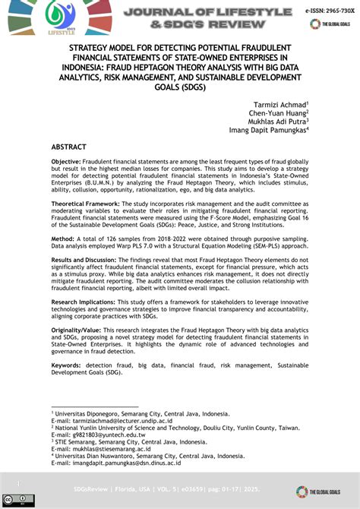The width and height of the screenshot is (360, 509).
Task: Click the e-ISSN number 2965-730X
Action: [x=332, y=11]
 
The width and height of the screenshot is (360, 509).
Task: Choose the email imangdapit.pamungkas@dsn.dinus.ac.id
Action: [x=127, y=462]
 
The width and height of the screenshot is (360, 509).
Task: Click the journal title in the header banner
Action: [x=196, y=17]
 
